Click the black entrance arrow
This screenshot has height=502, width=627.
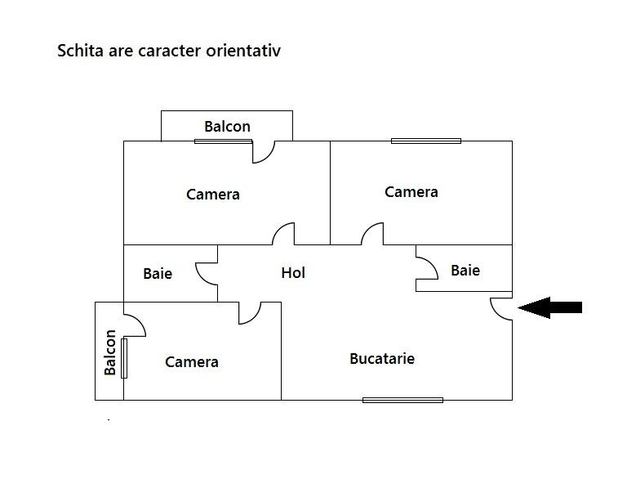[x=549, y=307]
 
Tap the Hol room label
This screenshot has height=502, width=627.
[x=293, y=273]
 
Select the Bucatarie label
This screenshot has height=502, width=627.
[x=382, y=358]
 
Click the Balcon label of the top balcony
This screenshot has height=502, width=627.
[x=227, y=127]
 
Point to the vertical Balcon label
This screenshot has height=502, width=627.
[x=110, y=352]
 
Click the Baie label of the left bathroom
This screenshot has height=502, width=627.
[x=158, y=274]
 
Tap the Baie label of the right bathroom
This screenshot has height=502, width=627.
[x=465, y=271]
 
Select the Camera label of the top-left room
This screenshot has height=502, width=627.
[x=213, y=195]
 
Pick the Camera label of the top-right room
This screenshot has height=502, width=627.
[x=411, y=192]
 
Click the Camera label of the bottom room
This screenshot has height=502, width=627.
[x=192, y=362]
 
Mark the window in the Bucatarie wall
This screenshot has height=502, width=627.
[x=402, y=400]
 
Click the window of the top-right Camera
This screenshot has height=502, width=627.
[x=426, y=141]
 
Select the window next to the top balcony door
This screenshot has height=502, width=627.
[x=223, y=141]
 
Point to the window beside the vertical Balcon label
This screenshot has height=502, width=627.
[x=124, y=358]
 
